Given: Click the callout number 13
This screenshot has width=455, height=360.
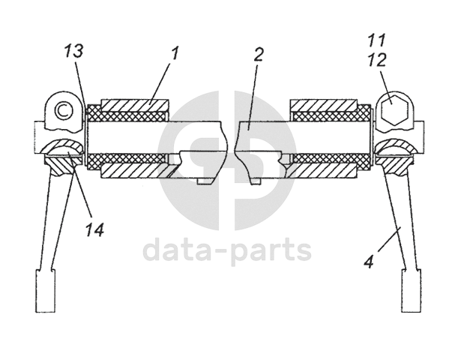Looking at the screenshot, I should pyautogui.click(x=73, y=52).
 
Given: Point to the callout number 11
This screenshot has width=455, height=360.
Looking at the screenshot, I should pyautogui.click(x=377, y=38).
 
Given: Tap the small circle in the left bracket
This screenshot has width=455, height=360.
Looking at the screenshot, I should pyautogui.click(x=63, y=110).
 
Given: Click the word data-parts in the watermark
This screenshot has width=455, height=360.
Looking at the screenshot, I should pyautogui.click(x=227, y=250).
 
